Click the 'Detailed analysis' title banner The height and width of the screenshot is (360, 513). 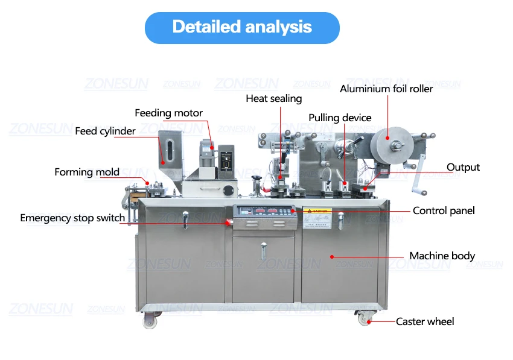[242, 27]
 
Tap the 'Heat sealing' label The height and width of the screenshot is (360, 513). [273, 98]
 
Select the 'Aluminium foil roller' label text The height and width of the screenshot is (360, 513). [386, 89]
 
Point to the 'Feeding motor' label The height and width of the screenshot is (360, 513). [168, 113]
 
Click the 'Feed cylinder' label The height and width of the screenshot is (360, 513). [105, 131]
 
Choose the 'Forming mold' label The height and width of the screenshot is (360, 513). [87, 172]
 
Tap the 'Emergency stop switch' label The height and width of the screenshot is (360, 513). [72, 218]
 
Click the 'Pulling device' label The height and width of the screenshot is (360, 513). [340, 118]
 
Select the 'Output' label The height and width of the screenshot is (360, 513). [463, 167]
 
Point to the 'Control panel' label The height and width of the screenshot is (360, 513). [444, 210]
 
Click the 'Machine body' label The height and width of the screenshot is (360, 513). [442, 256]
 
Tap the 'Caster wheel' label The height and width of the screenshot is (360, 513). [425, 321]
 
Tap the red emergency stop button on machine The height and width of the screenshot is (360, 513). [228, 221]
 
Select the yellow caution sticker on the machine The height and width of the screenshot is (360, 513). [317, 212]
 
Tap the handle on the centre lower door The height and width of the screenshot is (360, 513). [263, 247]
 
